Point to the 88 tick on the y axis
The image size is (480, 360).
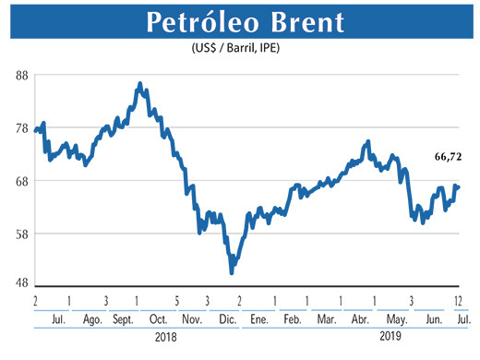(20, 77)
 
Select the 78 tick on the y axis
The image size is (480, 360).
(20, 129)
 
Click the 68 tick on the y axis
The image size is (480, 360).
(20, 181)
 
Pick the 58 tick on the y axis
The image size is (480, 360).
(20, 234)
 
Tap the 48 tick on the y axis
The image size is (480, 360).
(20, 285)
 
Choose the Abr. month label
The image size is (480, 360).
(358, 319)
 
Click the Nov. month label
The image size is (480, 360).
(190, 319)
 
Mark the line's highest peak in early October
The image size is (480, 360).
(139, 84)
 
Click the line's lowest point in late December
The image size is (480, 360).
(232, 272)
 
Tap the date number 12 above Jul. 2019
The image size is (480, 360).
(459, 302)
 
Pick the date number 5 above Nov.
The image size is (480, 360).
(176, 302)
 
